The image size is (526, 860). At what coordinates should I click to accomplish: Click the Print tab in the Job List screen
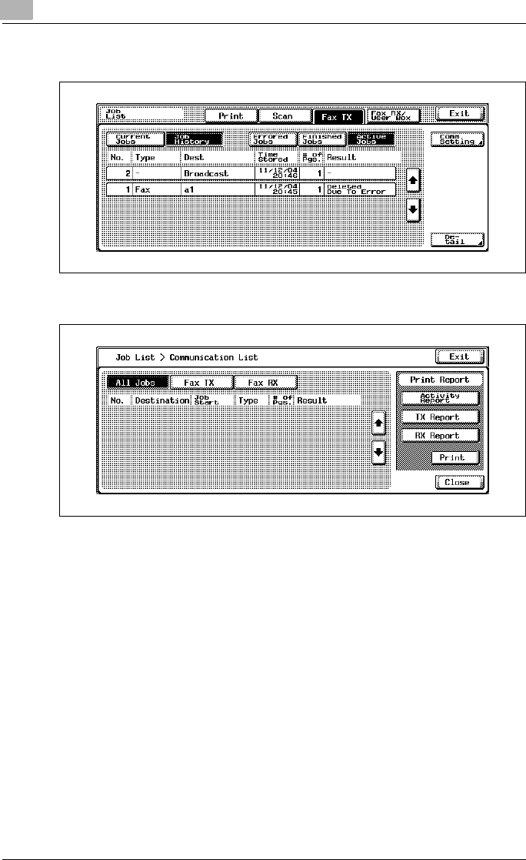click(231, 115)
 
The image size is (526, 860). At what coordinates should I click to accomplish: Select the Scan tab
click(283, 115)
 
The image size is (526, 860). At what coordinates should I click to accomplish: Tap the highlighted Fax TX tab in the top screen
click(338, 115)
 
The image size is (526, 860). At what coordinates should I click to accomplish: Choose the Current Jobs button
click(135, 139)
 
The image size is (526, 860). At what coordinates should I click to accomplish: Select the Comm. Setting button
click(458, 139)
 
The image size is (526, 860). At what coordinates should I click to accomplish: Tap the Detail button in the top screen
click(458, 239)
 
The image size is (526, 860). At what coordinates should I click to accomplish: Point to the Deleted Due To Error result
click(360, 189)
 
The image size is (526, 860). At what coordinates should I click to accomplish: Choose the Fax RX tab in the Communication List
click(265, 382)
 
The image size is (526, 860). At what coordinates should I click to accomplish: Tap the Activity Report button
click(440, 398)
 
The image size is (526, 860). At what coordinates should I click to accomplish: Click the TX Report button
click(440, 417)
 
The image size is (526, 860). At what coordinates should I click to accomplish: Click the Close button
click(458, 483)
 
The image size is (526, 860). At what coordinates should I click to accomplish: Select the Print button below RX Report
click(454, 457)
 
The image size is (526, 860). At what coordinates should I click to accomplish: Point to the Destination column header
click(161, 400)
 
